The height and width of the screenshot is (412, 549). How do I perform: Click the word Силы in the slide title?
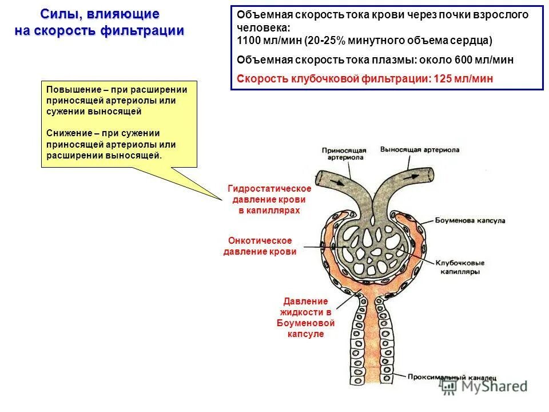click(58, 14)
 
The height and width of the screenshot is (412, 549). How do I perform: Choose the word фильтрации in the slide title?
click(150, 31)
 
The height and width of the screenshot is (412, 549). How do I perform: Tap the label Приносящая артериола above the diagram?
click(343, 154)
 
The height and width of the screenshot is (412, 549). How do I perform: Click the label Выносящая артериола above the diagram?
click(419, 149)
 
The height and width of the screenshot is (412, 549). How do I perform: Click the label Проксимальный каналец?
click(452, 378)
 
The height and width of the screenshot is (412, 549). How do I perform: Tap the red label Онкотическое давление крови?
click(260, 247)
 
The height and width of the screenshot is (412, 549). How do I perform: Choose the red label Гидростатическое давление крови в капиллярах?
click(269, 199)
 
